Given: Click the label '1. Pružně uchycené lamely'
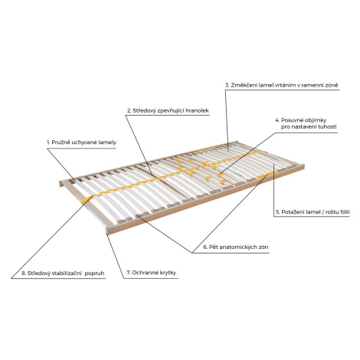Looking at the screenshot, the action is (81, 142).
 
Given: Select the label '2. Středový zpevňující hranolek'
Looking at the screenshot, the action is (168, 110).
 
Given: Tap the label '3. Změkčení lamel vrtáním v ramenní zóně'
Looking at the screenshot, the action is (281, 85).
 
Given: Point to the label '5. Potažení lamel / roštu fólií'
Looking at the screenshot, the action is (313, 212).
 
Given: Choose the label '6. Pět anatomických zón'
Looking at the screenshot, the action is (236, 247).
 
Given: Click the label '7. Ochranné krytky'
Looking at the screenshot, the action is (151, 273).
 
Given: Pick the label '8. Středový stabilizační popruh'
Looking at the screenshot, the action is (63, 273).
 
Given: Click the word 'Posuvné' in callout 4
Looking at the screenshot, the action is (292, 120).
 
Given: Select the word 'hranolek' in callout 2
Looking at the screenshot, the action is (198, 110).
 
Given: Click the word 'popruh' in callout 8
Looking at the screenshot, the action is (94, 273).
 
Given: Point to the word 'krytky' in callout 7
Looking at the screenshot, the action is (168, 273).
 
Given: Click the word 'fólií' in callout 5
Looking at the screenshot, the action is (344, 212).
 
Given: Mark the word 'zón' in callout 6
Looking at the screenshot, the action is (263, 247).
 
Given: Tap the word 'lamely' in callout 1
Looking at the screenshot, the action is (107, 142).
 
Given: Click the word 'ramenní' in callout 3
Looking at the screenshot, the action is (312, 85).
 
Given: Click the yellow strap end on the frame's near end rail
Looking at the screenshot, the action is (87, 200).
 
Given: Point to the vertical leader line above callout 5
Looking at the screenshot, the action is (273, 190).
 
